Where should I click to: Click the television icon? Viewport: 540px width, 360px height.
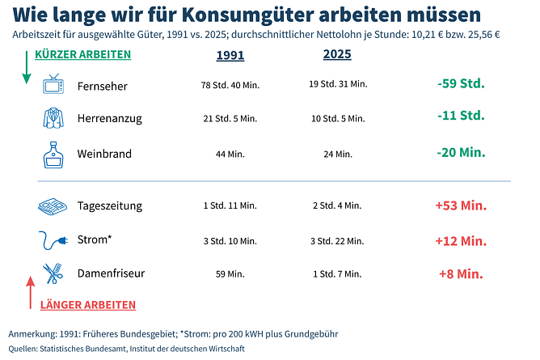point(54,84)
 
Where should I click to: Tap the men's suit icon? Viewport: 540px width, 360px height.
point(53,118)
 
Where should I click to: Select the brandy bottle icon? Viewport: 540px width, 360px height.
point(53,153)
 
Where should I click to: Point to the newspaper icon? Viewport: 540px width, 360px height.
point(53,206)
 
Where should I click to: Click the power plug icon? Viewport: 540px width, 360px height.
point(53,240)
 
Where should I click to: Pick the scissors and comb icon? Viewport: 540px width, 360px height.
point(53,273)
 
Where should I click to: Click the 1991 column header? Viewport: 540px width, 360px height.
point(230,56)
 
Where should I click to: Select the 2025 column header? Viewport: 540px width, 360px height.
point(337,55)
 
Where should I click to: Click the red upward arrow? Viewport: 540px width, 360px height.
point(31,292)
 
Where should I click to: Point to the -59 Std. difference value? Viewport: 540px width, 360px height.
point(461,83)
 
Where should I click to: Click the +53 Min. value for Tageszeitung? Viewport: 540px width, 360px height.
point(461,205)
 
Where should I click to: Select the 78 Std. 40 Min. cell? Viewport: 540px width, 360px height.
point(230,85)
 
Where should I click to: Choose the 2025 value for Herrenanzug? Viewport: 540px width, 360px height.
point(337,119)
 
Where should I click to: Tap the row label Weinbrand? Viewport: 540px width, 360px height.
point(104,154)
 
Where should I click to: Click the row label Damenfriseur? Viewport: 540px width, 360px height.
point(111,273)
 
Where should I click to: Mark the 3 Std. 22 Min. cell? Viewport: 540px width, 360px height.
point(337,241)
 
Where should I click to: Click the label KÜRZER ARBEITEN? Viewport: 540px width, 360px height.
point(82,54)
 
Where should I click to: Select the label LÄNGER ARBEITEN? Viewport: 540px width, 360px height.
point(88,305)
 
